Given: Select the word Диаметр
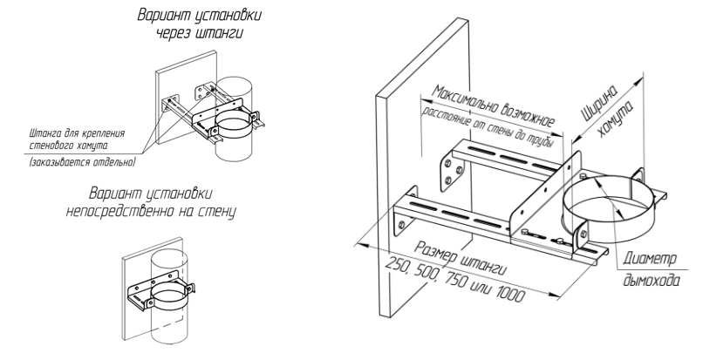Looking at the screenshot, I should (650, 258).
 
